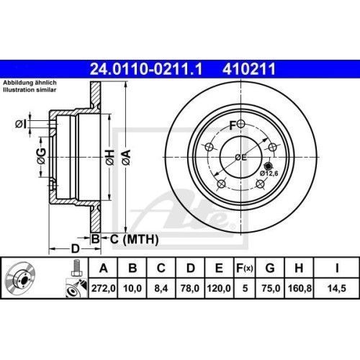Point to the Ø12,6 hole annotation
(269, 174)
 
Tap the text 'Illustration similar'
(30, 91)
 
